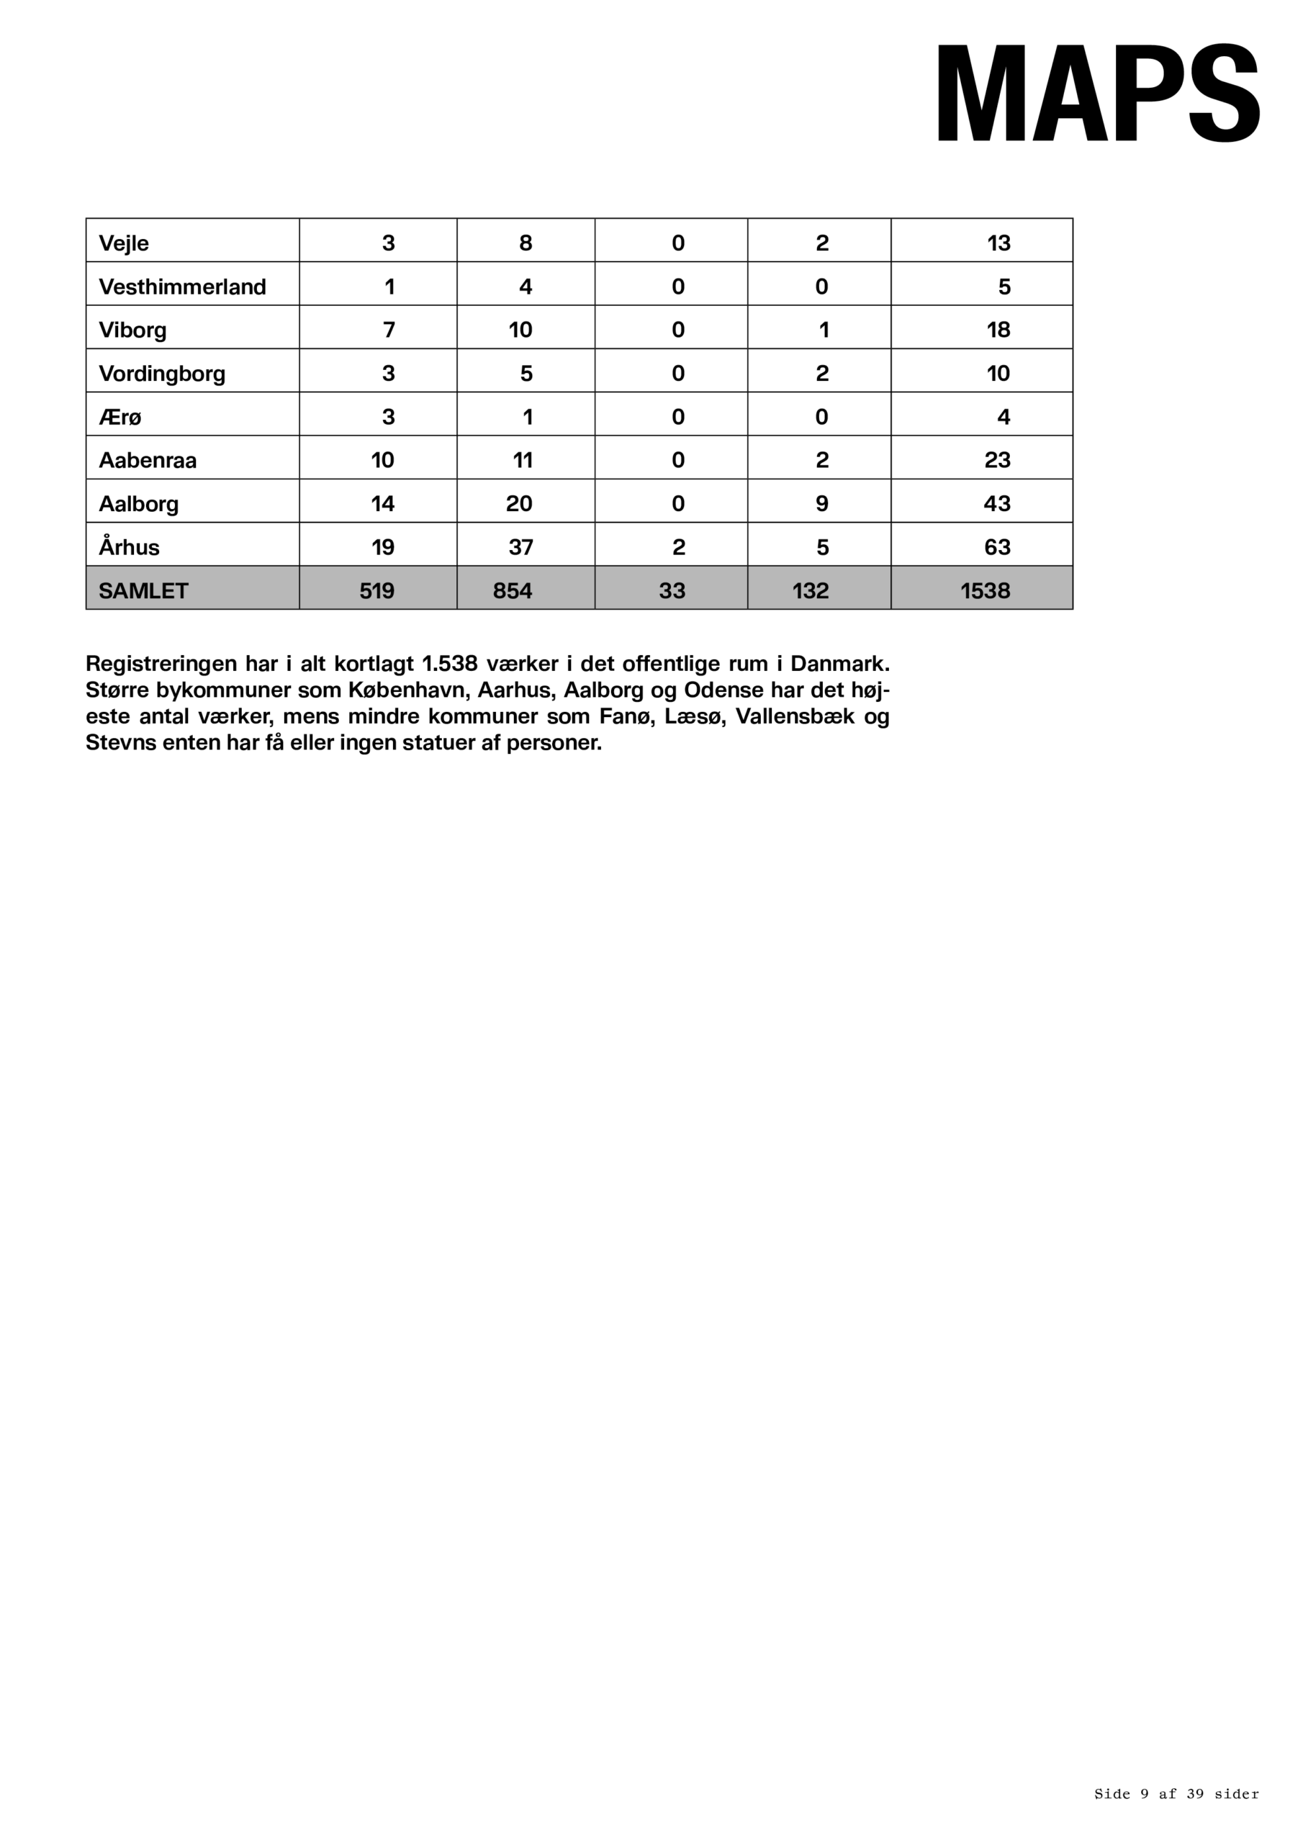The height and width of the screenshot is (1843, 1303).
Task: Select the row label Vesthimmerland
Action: pos(182,287)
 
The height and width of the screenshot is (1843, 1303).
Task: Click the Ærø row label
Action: pos(120,417)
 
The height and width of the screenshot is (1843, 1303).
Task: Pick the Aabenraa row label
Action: pos(148,460)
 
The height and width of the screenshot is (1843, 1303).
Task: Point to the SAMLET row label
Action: pos(143,591)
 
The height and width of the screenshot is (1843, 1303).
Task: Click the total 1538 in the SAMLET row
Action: pos(985,591)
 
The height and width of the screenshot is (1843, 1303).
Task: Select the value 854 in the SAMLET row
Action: pos(513,591)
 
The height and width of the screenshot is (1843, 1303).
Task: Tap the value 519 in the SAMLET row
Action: pos(377,591)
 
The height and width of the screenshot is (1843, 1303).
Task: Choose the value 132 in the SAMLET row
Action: pos(810,591)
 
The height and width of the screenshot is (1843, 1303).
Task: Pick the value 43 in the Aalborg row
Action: pos(997,503)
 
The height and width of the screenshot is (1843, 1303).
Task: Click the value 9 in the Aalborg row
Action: pos(822,503)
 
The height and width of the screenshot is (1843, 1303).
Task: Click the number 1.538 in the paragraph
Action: pos(450,664)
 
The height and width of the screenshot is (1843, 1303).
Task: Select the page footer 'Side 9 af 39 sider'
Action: pos(1176,1794)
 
